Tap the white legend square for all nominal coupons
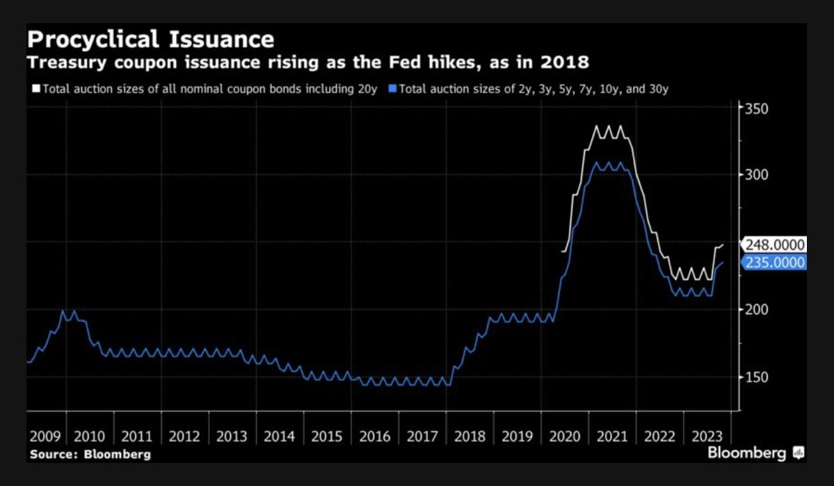(37, 89)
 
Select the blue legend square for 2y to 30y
(393, 89)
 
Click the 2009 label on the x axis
(45, 437)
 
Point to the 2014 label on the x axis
(279, 437)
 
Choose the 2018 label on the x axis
(470, 437)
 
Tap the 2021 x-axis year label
(612, 437)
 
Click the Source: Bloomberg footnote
(89, 454)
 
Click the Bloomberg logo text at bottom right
(747, 453)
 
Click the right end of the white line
(723, 245)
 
